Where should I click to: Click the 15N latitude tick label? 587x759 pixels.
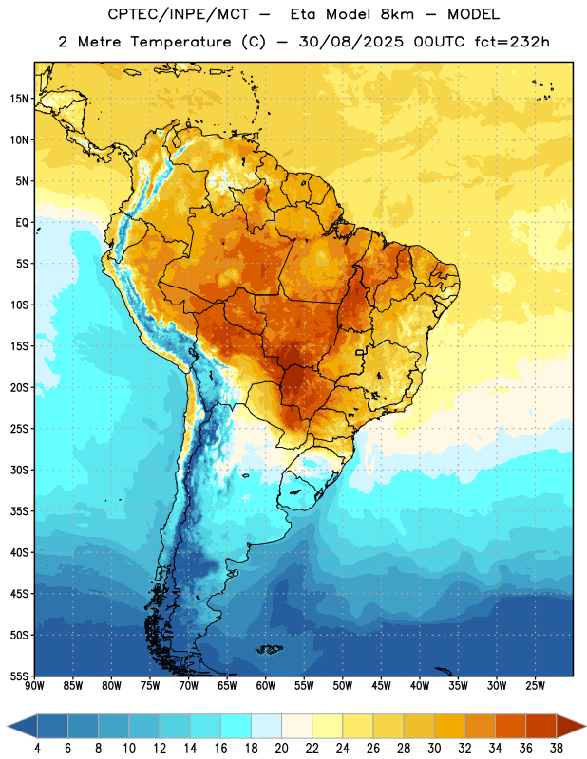(19, 99)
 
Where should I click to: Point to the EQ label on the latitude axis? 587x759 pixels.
(22, 222)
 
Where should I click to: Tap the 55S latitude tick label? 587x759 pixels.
(19, 676)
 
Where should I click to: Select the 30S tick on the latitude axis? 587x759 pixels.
(19, 470)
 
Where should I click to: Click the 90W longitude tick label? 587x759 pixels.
(35, 686)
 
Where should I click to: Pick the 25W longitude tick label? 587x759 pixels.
(535, 686)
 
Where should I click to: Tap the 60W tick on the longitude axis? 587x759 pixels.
(266, 686)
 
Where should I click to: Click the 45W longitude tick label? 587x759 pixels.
(381, 686)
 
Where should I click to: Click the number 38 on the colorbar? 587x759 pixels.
(557, 749)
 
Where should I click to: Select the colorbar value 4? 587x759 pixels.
(37, 749)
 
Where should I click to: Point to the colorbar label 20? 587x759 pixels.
(281, 749)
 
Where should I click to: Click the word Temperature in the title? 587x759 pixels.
(180, 42)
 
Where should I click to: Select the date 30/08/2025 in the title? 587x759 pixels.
(350, 42)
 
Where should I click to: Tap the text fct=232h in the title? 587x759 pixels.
(512, 42)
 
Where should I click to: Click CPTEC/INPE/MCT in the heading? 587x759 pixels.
(179, 14)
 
